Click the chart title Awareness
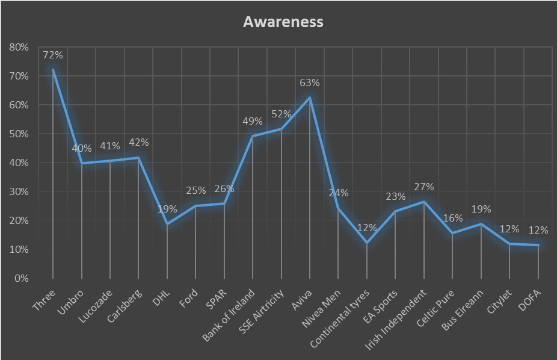(283, 22)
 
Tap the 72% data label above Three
(53, 55)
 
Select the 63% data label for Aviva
(310, 83)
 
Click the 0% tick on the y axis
(21, 278)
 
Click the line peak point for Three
(53, 70)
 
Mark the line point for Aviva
(310, 98)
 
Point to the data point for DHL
(167, 224)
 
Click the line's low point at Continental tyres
(367, 243)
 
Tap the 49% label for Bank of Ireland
(253, 122)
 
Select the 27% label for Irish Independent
(424, 187)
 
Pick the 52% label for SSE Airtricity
(281, 114)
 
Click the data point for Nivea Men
(338, 208)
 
